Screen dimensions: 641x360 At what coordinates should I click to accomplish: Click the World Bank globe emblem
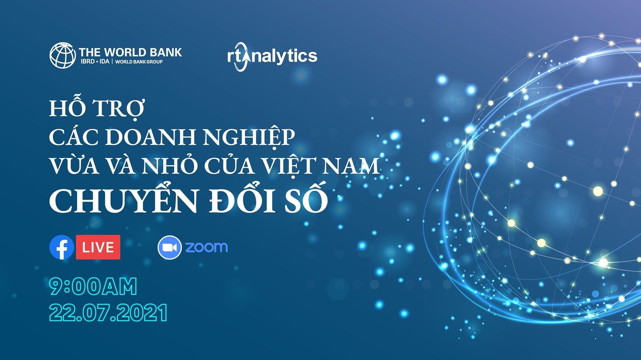(x=63, y=55)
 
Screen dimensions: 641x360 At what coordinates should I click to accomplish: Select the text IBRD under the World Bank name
(x=87, y=62)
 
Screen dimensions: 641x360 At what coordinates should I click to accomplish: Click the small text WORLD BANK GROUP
(x=139, y=62)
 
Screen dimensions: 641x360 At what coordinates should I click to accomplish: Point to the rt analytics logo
(x=272, y=56)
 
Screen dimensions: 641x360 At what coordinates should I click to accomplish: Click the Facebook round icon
(x=62, y=247)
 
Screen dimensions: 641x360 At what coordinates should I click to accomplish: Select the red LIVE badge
(x=98, y=247)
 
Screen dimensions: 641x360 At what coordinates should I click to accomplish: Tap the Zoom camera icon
(x=170, y=247)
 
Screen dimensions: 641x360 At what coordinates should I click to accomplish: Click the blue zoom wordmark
(x=207, y=247)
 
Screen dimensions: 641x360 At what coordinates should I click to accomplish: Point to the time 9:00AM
(x=93, y=286)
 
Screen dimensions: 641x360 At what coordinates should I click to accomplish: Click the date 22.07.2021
(x=108, y=313)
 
